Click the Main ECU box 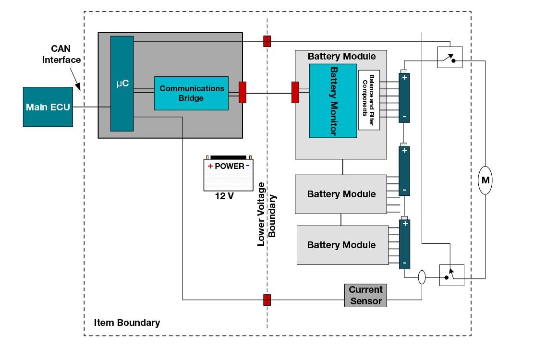(x=48, y=107)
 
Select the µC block (x=121, y=83)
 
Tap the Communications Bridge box (x=191, y=93)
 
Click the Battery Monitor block (x=332, y=101)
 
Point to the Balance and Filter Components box (x=369, y=100)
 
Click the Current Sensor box (x=365, y=295)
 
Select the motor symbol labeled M (x=485, y=180)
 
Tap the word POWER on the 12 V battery (x=229, y=166)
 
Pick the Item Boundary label (x=127, y=323)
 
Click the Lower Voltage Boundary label (x=267, y=214)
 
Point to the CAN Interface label (x=61, y=54)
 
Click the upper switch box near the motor (x=450, y=57)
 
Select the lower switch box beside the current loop (x=451, y=275)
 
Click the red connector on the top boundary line (x=267, y=41)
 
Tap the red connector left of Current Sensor (x=267, y=300)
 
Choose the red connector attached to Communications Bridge (x=242, y=92)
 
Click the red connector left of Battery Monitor (x=295, y=92)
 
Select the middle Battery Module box (x=341, y=194)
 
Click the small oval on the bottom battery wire (x=422, y=277)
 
